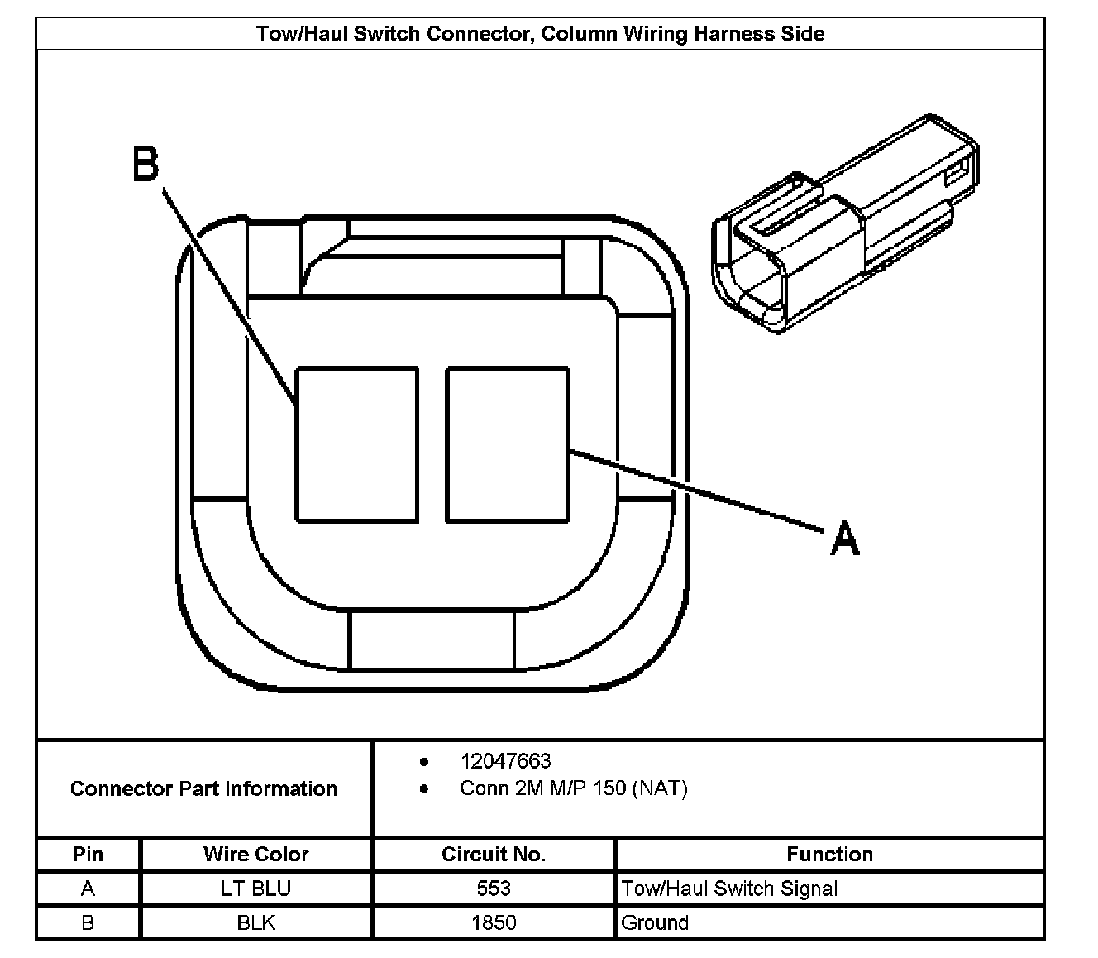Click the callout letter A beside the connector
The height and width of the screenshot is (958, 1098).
[844, 538]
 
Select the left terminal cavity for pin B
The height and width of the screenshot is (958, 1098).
[356, 444]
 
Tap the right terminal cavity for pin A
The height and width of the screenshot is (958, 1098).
[507, 444]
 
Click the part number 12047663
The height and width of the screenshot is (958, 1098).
[505, 761]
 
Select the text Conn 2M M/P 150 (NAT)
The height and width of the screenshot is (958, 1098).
[573, 788]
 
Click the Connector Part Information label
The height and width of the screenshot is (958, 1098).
[203, 788]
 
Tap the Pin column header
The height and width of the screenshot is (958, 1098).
[88, 854]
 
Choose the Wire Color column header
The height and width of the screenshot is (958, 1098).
[255, 854]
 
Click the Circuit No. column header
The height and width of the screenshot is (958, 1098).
[494, 854]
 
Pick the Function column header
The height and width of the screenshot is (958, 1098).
[829, 854]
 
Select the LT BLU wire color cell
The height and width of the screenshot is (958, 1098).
[255, 889]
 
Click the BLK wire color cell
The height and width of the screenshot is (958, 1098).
[255, 922]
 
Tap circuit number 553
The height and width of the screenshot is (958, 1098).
[494, 889]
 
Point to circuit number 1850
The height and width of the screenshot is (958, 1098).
[494, 922]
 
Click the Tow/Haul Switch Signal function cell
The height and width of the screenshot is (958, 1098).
[729, 889]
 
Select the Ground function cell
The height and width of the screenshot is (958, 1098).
[655, 922]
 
